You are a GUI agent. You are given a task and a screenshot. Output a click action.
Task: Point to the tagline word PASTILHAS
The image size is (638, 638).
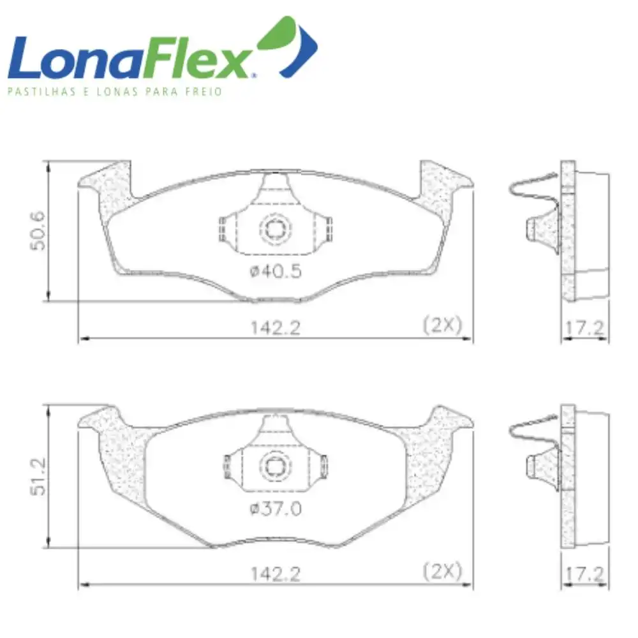[41, 91]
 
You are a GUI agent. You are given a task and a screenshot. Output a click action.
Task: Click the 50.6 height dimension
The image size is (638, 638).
[38, 231]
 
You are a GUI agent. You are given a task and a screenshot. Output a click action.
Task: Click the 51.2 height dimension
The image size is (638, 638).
[38, 477]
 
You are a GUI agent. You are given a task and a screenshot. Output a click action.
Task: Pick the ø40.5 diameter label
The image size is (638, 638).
[276, 271]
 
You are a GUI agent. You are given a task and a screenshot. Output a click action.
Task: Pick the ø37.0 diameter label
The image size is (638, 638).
[276, 508]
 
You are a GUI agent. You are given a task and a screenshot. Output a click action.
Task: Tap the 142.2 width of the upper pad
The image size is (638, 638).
[276, 327]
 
